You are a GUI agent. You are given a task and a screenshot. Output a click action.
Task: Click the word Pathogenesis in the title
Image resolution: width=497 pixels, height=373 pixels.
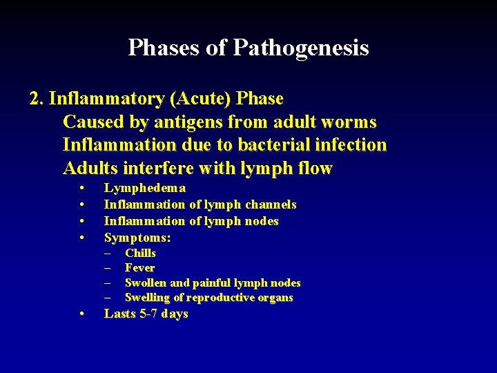pyautogui.click(x=301, y=48)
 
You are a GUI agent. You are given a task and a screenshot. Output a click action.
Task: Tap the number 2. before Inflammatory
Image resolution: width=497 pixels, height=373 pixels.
pyautogui.click(x=37, y=99)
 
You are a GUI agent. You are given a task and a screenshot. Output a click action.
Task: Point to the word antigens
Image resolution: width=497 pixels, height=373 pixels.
pyautogui.click(x=193, y=122)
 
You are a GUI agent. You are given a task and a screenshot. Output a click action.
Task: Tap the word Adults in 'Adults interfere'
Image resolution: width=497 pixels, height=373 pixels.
pyautogui.click(x=89, y=168)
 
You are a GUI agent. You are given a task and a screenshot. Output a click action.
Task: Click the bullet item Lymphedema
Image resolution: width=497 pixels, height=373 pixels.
pyautogui.click(x=144, y=188)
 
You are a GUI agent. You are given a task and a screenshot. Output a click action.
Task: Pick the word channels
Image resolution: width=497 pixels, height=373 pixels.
pyautogui.click(x=270, y=204)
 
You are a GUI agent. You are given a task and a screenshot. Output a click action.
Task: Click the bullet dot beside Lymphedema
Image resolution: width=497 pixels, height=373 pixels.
pyautogui.click(x=82, y=189)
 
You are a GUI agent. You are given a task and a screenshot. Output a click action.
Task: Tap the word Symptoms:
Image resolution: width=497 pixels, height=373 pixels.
pyautogui.click(x=137, y=238)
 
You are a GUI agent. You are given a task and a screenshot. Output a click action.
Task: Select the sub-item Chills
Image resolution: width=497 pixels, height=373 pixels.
pyautogui.click(x=140, y=254)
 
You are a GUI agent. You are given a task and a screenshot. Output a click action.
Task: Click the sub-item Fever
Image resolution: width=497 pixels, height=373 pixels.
pyautogui.click(x=139, y=268)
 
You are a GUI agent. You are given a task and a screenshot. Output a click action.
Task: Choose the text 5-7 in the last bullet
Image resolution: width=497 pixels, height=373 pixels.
pyautogui.click(x=148, y=314)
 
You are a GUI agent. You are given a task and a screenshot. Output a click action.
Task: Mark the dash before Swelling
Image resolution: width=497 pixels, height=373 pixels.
pyautogui.click(x=108, y=298)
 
